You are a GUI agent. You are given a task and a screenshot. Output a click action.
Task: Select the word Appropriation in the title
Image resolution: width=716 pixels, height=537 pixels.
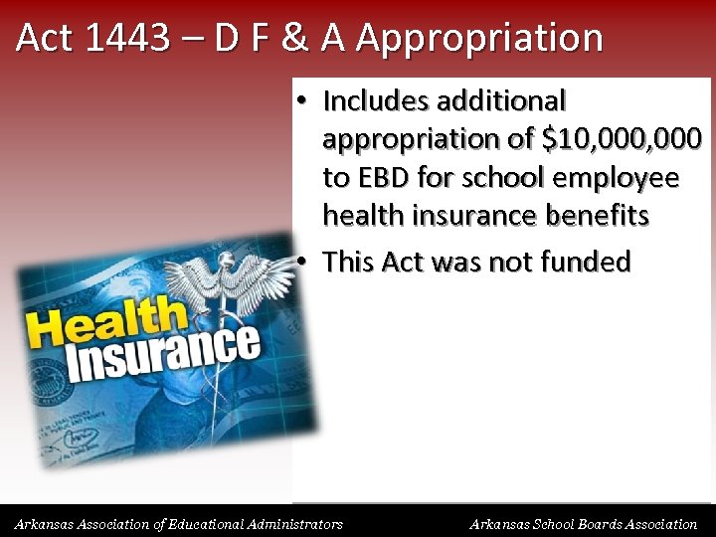pos(479,38)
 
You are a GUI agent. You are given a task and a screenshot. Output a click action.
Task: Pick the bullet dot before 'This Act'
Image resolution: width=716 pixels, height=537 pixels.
pos(301,262)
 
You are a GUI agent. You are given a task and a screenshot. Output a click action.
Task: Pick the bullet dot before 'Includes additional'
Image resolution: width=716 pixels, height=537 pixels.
pos(301,100)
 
